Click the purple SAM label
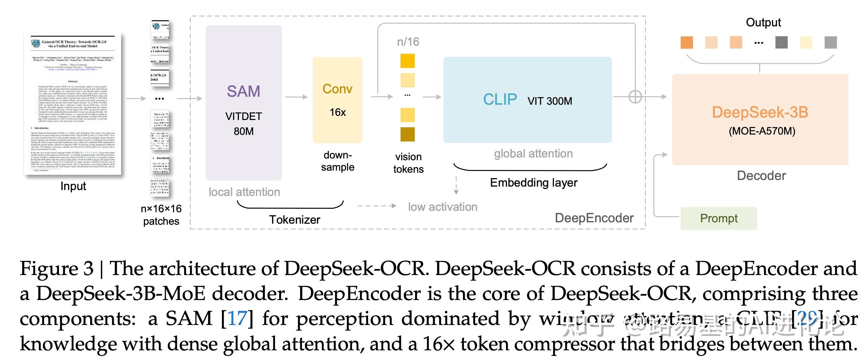point(243,91)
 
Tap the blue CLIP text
point(500,100)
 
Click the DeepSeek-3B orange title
point(760,112)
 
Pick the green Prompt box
point(719,218)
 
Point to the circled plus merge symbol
point(635,96)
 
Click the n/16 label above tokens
point(408,42)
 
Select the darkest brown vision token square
point(407,135)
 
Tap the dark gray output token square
point(781,42)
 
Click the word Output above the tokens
point(763,23)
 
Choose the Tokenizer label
point(294,220)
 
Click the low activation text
point(443,207)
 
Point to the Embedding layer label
point(533,182)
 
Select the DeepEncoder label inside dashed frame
point(594,218)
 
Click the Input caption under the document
point(73,186)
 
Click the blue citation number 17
point(238,318)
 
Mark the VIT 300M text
point(550,101)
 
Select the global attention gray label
point(533,153)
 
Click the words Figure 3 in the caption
point(57,269)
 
